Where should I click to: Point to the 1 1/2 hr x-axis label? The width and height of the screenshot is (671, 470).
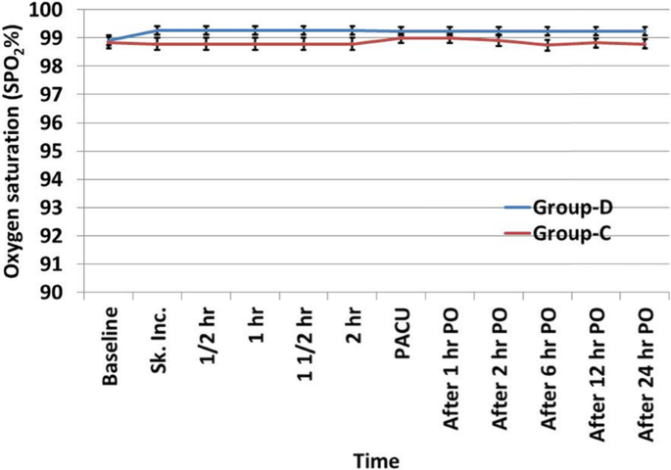point(304,343)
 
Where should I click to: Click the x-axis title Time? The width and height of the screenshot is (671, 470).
point(376,457)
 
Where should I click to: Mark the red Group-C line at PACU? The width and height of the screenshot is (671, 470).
point(401,38)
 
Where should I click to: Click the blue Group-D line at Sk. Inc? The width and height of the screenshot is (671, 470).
point(157,30)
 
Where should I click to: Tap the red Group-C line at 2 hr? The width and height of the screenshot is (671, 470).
point(352,44)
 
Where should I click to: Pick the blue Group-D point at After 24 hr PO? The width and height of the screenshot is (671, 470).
point(644,31)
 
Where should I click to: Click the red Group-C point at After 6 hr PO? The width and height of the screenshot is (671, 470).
point(547,45)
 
